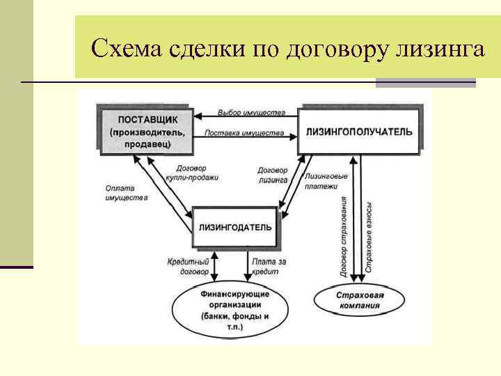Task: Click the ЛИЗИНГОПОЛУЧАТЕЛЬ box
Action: [x=359, y=131]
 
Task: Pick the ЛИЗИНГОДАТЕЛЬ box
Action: [x=235, y=226]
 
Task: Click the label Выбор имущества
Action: [x=250, y=112]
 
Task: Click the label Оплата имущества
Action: [x=126, y=192]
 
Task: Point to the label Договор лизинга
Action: [x=272, y=174]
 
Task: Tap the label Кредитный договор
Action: [x=184, y=266]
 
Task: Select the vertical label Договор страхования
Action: [x=344, y=237]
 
